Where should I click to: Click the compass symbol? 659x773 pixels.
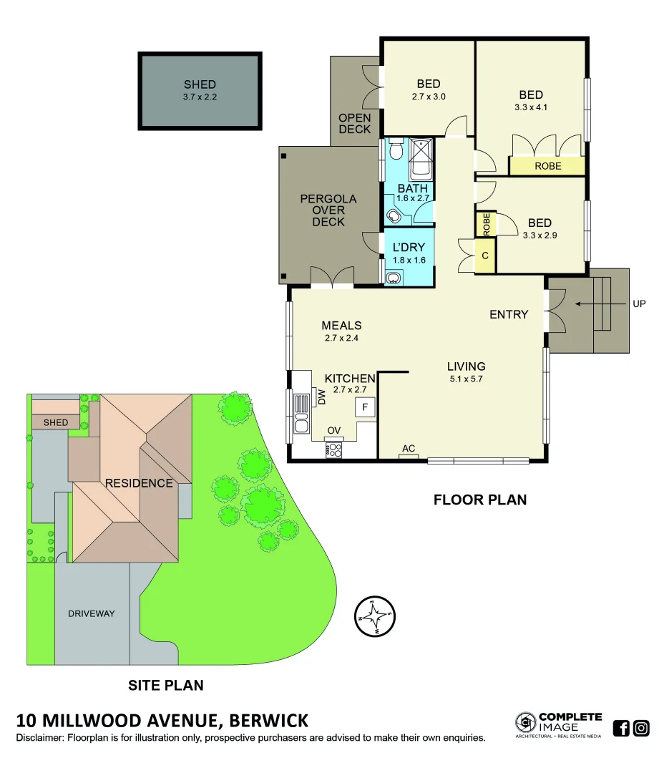pos(375,616)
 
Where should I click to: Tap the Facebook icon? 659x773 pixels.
pos(621,729)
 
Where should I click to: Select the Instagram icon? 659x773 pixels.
pos(641,729)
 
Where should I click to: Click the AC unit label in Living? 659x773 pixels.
pos(409,449)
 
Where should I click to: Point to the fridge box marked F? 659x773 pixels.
pos(365,407)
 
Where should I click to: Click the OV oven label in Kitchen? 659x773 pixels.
pos(333,430)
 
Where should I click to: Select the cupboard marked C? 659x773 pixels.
pos(485,256)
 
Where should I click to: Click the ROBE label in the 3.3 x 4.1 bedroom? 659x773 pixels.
pos(548,166)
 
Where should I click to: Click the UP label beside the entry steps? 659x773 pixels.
pos(639,303)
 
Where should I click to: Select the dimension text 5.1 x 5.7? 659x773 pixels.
pos(467,379)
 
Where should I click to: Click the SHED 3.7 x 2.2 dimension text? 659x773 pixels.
pos(200,97)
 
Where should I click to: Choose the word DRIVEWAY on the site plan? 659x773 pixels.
pos(92,613)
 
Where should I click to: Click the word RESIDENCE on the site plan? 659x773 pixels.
pos(139,483)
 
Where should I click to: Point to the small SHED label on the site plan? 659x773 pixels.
pos(56,422)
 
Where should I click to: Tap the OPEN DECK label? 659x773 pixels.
pos(355,123)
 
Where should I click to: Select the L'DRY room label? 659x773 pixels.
pos(409,248)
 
